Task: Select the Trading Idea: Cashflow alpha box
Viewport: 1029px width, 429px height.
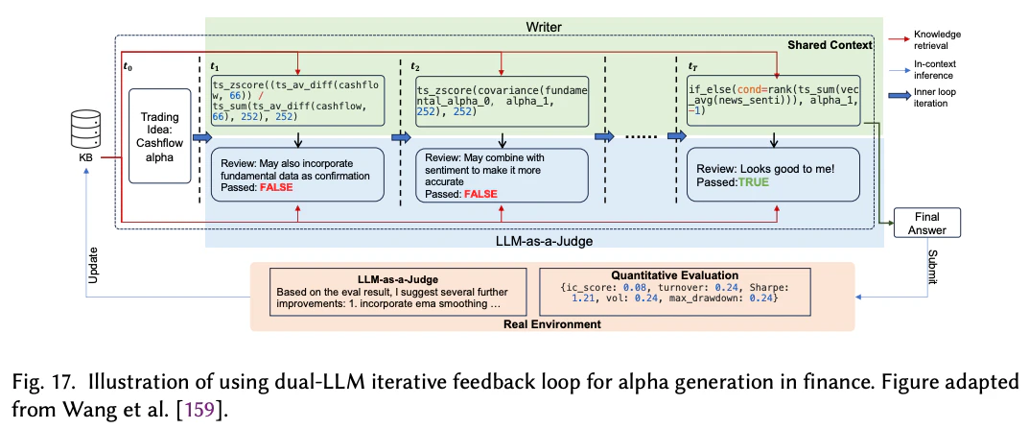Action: tap(160, 134)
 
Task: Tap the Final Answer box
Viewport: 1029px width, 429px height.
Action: tap(926, 224)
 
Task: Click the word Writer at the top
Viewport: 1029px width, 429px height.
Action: tap(544, 27)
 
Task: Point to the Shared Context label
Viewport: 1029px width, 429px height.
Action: tap(831, 45)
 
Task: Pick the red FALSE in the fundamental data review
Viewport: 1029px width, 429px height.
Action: tap(275, 188)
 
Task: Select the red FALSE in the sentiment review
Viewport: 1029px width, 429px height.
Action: tap(480, 194)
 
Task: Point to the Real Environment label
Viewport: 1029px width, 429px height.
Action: tap(552, 323)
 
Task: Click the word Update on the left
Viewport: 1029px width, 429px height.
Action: tap(93, 265)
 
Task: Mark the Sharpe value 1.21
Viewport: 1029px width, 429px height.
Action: tap(581, 298)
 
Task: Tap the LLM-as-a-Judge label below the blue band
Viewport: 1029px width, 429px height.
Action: tap(544, 242)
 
